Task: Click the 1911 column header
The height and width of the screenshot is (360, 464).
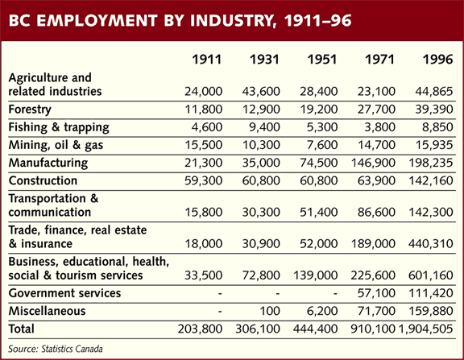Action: click(x=206, y=60)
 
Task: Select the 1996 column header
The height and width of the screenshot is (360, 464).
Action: click(x=437, y=60)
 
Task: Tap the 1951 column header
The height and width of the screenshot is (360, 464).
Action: click(x=322, y=60)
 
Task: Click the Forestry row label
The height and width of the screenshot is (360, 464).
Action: click(x=30, y=110)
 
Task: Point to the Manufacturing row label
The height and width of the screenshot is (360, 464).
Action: click(x=48, y=163)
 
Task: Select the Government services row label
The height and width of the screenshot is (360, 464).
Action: click(x=64, y=293)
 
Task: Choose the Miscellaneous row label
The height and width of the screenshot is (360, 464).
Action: click(x=47, y=311)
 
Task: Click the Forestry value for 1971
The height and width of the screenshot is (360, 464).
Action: click(x=376, y=110)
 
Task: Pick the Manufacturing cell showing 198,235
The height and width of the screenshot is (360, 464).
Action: click(x=430, y=163)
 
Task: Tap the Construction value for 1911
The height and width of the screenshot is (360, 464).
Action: click(x=203, y=180)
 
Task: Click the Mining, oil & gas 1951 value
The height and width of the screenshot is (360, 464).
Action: click(x=322, y=145)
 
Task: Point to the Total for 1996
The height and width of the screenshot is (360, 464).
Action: click(x=426, y=329)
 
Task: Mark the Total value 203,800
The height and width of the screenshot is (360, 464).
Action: click(x=200, y=329)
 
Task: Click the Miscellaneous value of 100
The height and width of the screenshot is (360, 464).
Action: click(x=270, y=311)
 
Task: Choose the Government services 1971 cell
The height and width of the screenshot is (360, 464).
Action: click(x=376, y=293)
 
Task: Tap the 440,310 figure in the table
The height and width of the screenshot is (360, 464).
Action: click(x=430, y=244)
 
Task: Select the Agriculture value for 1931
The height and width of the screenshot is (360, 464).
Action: click(x=261, y=91)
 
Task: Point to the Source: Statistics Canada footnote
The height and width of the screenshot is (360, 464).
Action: click(x=56, y=349)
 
